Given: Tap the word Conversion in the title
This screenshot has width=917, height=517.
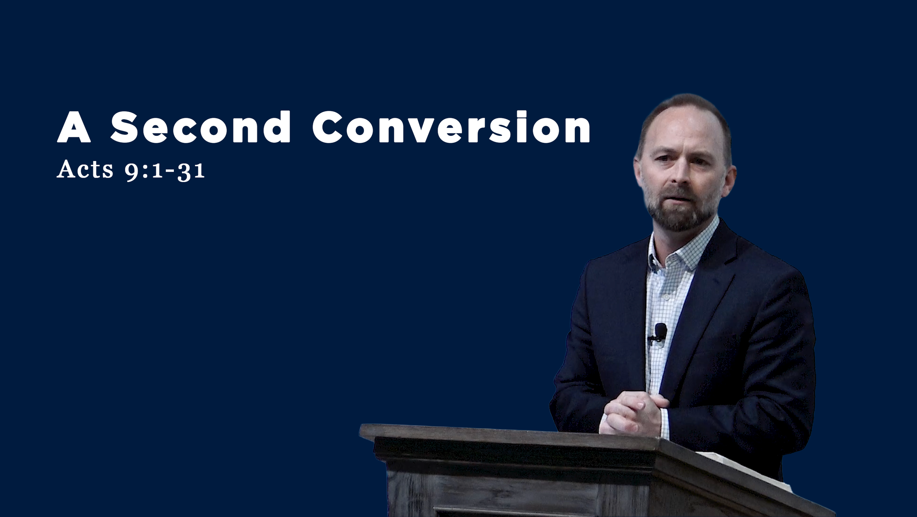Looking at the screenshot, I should (451, 127).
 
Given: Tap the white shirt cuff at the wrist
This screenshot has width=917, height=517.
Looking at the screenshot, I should (665, 424).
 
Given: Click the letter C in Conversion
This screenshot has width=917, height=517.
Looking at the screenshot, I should (326, 127).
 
